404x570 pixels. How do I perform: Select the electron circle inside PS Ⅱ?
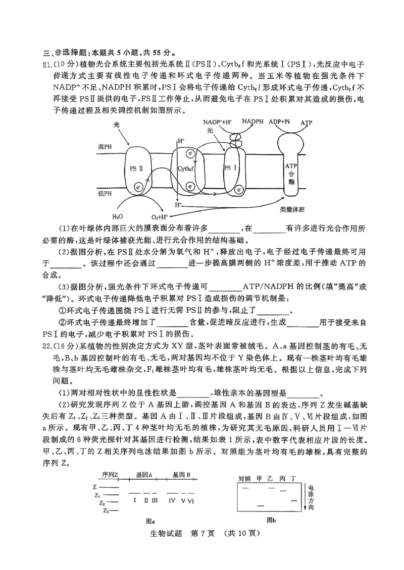(x=138, y=188)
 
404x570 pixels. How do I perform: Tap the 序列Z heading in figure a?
(x=110, y=475)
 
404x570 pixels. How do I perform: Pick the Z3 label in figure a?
(x=106, y=511)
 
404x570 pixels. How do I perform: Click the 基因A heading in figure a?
(x=144, y=475)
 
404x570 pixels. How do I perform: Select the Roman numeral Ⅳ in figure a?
(x=172, y=500)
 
